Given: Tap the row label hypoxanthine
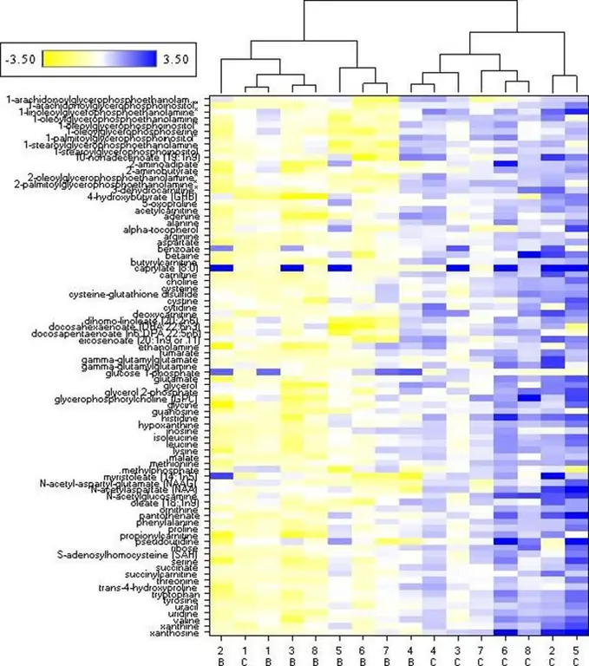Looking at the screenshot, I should [x=180, y=425].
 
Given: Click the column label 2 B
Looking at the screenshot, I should [x=221, y=655].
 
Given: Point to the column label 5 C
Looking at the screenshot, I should [x=576, y=655].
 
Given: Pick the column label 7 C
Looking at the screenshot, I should [x=481, y=655].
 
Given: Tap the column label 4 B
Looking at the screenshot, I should [x=410, y=655].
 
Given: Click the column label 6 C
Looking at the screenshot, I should [x=505, y=655].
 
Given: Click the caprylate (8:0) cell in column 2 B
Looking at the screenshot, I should [x=221, y=268].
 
